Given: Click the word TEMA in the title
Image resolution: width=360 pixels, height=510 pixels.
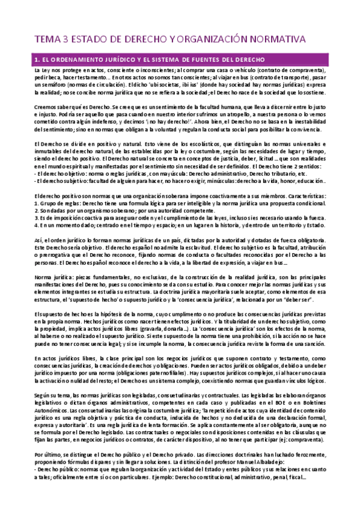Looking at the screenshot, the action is click(47, 39).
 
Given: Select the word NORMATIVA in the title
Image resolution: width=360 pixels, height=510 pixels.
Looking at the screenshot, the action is click(276, 39).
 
